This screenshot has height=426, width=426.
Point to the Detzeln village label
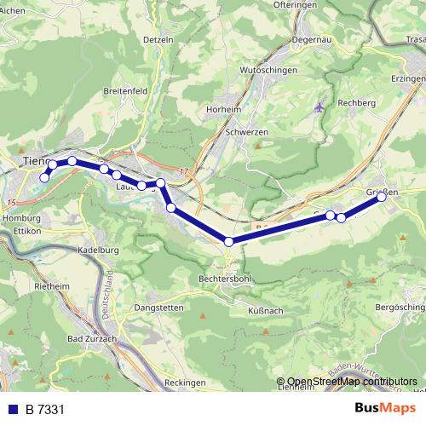coord(158,40)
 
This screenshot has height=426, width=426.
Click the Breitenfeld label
coord(125,91)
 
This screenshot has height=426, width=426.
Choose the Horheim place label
coord(224,110)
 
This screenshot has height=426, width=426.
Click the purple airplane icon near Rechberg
coord(319,108)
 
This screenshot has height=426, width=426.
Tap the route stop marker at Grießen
coord(381,198)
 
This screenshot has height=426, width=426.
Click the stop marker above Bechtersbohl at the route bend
coord(228,242)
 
